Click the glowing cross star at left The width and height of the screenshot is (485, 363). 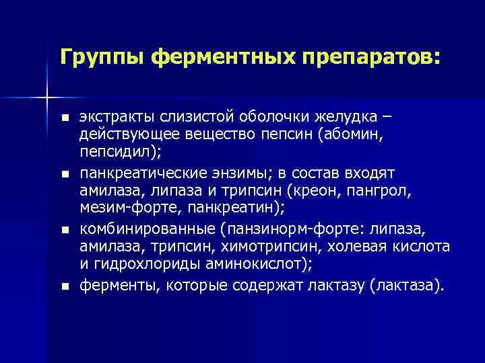point(46,98)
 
